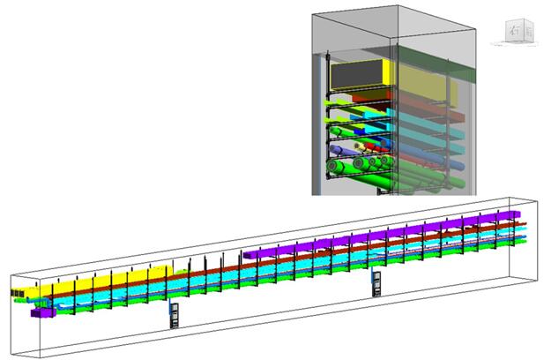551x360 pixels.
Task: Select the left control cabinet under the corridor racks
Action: pos(175,314)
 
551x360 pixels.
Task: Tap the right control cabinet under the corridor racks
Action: pos(376,281)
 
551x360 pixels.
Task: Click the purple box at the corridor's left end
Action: pos(40,311)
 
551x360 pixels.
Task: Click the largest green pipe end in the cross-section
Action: pos(338,168)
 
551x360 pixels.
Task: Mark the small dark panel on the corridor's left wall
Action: pos(16,290)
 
